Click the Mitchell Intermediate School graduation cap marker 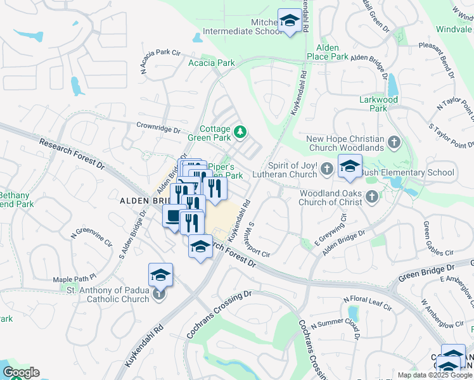[x=290, y=22]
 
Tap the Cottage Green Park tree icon [x=240, y=132]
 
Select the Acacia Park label [x=212, y=63]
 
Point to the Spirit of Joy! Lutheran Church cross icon [x=326, y=168]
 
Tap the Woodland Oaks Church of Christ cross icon [x=372, y=197]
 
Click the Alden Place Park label [x=328, y=52]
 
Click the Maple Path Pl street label [x=74, y=278]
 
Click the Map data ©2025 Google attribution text [x=434, y=375]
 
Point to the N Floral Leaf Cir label [x=367, y=303]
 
